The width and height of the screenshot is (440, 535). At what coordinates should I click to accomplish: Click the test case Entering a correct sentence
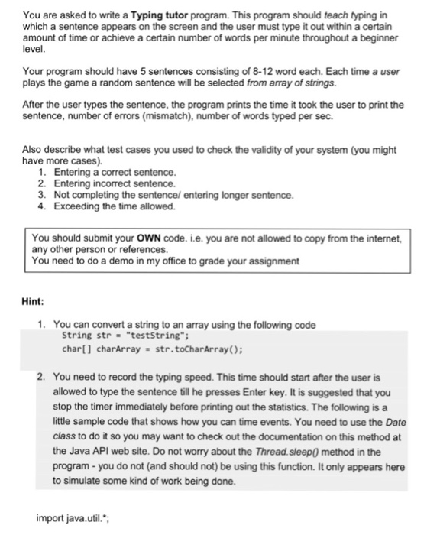click(115, 173)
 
